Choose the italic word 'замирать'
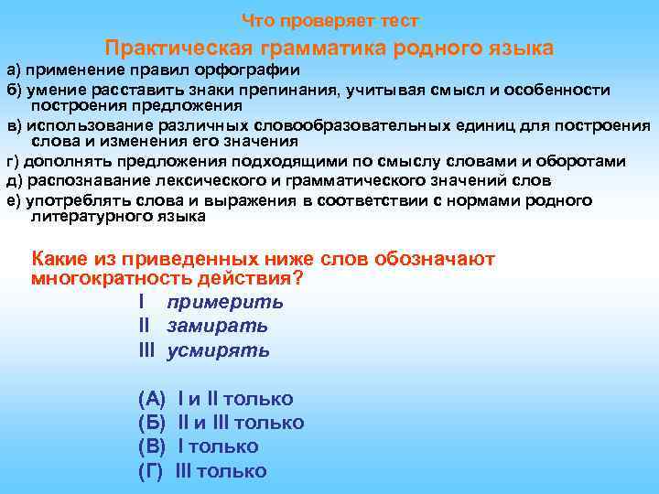click(x=217, y=326)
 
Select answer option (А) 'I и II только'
click(x=215, y=399)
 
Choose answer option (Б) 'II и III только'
click(x=221, y=423)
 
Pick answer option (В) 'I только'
click(x=198, y=446)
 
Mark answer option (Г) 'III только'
click(x=202, y=471)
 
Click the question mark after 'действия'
click(x=298, y=278)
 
